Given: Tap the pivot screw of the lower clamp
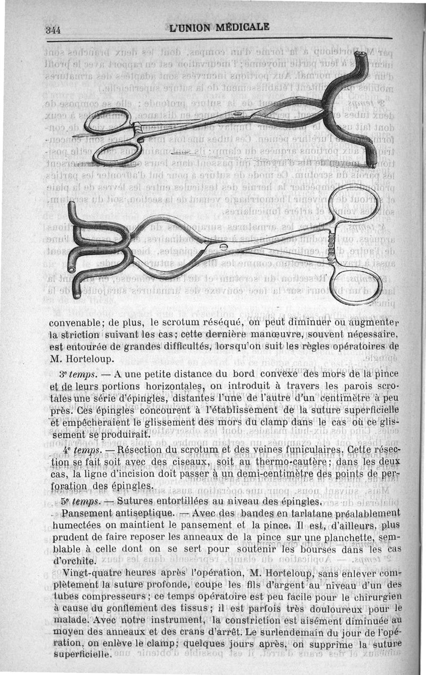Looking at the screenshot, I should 223,246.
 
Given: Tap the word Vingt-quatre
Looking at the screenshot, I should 91,574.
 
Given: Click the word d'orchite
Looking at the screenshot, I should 71,561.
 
